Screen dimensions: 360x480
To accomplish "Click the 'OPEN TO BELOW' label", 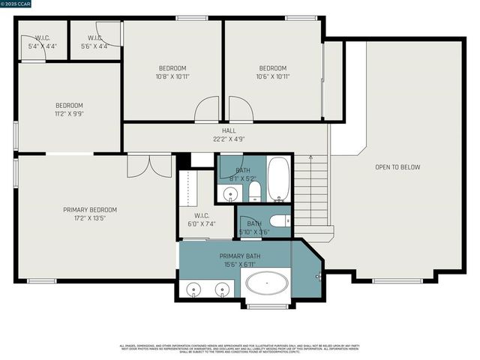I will click(397, 167).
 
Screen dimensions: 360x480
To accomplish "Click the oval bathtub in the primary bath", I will click(266, 286).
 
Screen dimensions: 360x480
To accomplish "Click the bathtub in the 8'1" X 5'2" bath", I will click(278, 179).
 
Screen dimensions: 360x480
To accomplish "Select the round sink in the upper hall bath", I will click(230, 194).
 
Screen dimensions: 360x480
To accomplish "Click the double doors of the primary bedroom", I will click(149, 166).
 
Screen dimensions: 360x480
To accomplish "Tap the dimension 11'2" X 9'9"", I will click(69, 114).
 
